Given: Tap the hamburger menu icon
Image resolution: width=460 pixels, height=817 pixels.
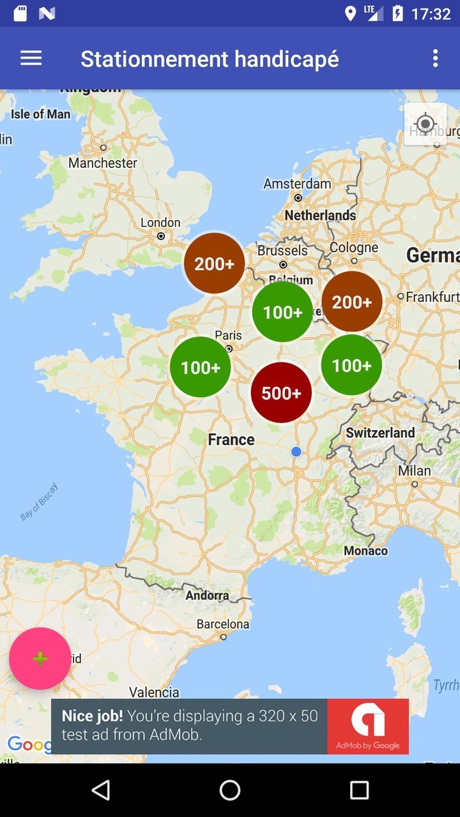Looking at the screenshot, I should coord(31,58).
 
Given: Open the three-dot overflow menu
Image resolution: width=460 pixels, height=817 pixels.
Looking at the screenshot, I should coord(435,58).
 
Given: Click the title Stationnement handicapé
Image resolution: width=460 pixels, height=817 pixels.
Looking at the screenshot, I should coord(210,59).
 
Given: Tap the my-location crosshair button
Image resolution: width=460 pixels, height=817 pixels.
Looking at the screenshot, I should coord(425,124).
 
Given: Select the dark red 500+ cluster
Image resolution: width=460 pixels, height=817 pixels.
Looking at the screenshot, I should coord(281,393).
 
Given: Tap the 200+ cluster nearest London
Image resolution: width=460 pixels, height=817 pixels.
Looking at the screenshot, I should coord(215,263).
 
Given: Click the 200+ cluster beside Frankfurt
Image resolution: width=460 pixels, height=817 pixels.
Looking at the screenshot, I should coord(351,301).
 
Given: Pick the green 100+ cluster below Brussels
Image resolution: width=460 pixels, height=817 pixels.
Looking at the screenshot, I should coord(282,311).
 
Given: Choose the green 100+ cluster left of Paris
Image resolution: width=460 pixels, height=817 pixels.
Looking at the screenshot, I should coord(201,367).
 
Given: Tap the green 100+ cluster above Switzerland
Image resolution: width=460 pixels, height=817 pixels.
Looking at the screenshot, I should coord(351,365).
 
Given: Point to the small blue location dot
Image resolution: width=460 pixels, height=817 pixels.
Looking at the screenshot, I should coord(296,451).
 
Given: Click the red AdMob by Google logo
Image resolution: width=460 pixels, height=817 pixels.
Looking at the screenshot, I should coord(368,726).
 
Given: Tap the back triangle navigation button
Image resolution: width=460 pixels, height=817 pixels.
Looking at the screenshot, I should coord(101,790).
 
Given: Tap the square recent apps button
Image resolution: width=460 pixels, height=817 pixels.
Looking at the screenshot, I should coord(359,790).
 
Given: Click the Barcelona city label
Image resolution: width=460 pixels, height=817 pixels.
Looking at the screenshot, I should coord(222,624).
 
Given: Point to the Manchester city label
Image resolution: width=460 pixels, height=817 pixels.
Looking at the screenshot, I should coord(103,163).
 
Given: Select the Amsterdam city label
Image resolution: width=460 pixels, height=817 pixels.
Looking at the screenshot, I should coord(297,184).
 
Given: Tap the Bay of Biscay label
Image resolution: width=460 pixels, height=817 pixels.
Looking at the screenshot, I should coord(39,502).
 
